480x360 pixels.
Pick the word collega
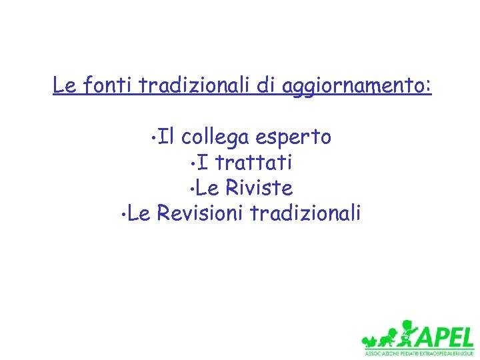(214, 138)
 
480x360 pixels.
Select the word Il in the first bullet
(166, 137)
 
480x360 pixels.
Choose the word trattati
(254, 163)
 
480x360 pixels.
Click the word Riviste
(259, 188)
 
